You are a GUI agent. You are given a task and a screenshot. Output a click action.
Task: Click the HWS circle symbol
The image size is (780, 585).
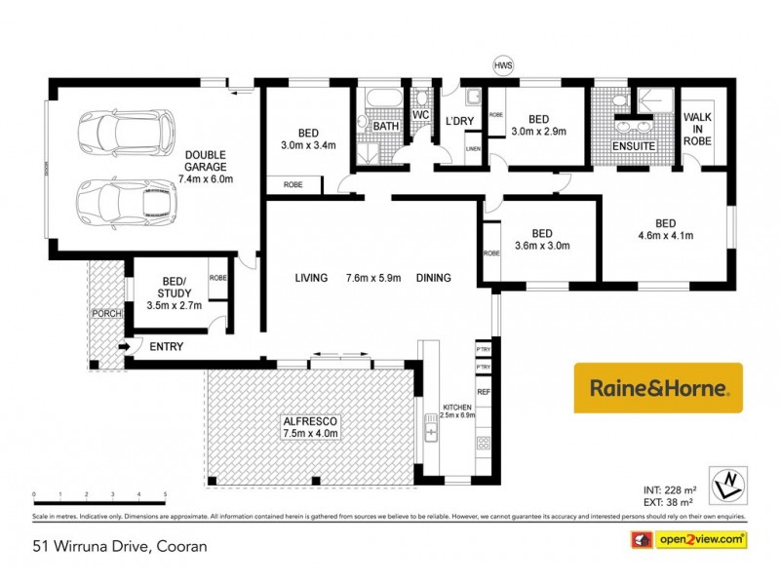(503, 64)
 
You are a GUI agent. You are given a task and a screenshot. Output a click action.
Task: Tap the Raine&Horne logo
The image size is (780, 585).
(658, 387)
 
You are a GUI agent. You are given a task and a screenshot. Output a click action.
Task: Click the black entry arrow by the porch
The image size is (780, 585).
(125, 346)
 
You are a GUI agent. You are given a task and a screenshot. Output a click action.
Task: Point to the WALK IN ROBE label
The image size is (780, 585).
(698, 130)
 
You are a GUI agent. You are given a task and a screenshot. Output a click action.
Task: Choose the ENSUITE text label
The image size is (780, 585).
(633, 146)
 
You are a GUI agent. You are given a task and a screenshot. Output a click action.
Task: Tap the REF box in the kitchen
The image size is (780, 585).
(483, 392)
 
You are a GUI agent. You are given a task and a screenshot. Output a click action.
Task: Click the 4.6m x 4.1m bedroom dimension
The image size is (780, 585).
(666, 236)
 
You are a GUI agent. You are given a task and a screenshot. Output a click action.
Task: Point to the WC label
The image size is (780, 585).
(421, 114)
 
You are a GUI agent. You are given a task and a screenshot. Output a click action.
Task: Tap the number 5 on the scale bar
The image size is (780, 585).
(165, 495)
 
